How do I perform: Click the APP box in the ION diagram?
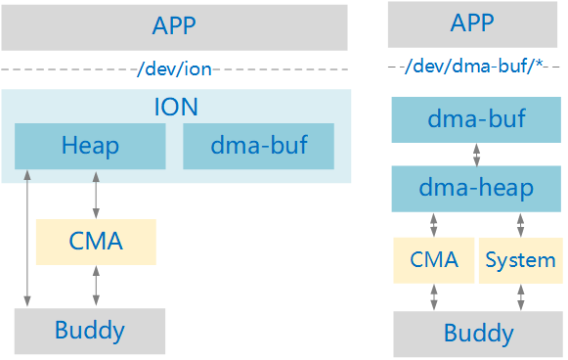pyautogui.click(x=175, y=26)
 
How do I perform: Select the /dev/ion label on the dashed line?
pyautogui.click(x=175, y=69)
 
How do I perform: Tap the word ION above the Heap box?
pyautogui.click(x=175, y=107)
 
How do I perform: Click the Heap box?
pyautogui.click(x=90, y=147)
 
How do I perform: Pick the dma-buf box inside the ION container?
pyautogui.click(x=259, y=147)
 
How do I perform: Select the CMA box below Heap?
pyautogui.click(x=96, y=242)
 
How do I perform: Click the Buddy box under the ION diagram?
pyautogui.click(x=90, y=330)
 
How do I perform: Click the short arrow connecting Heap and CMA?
pyautogui.click(x=96, y=194)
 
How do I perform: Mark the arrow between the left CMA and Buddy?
pyautogui.click(x=96, y=287)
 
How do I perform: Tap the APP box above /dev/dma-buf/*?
pyautogui.click(x=475, y=24)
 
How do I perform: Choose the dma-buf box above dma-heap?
pyautogui.click(x=476, y=120)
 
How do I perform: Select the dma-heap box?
pyautogui.click(x=476, y=189)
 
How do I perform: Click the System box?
pyautogui.click(x=520, y=260)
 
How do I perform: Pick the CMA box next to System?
pyautogui.click(x=434, y=260)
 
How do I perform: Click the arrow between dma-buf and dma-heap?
pyautogui.click(x=476, y=155)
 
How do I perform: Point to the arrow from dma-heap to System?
pyautogui.click(x=519, y=225)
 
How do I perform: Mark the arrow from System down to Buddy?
pyautogui.click(x=519, y=297)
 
